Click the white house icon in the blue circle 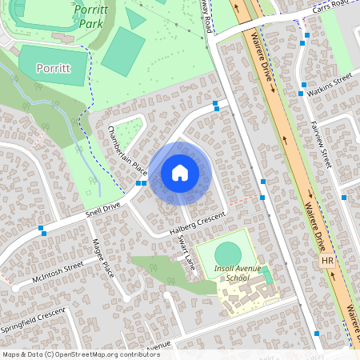[x=180, y=173]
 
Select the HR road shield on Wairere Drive [x=326, y=262]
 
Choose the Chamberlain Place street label [x=129, y=150]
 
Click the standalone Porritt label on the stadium [x=53, y=68]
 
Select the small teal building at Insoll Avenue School [x=267, y=274]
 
